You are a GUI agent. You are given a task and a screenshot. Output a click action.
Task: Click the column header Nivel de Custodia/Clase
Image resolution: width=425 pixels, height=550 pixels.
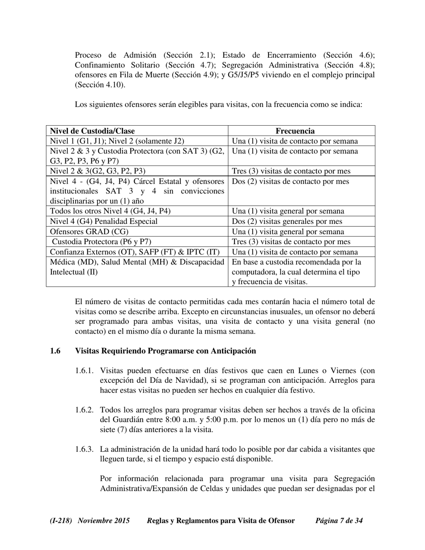pos(93,131)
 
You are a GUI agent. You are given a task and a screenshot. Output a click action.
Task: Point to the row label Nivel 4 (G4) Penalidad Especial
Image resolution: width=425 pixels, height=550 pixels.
pos(104,221)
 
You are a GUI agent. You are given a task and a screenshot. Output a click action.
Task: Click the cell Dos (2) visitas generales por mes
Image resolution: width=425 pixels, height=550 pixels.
pos(287,221)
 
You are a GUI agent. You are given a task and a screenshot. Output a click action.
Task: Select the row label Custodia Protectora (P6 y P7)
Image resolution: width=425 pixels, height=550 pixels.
pos(102,242)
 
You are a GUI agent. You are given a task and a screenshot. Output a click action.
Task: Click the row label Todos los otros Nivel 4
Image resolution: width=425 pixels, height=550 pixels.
pos(110,211)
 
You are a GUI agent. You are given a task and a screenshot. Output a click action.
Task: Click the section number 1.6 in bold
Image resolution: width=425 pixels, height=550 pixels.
pos(55,351)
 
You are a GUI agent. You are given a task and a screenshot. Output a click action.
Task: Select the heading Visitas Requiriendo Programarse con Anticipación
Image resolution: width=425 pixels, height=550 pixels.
pos(166,351)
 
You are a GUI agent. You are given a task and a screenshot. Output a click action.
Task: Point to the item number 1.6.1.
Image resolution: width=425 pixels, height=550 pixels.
pos(84,371)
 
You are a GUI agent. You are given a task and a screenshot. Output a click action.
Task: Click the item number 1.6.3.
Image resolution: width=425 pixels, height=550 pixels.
pos(84,449)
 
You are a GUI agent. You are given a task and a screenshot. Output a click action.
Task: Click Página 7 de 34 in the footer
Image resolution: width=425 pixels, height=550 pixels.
pos(339,520)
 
